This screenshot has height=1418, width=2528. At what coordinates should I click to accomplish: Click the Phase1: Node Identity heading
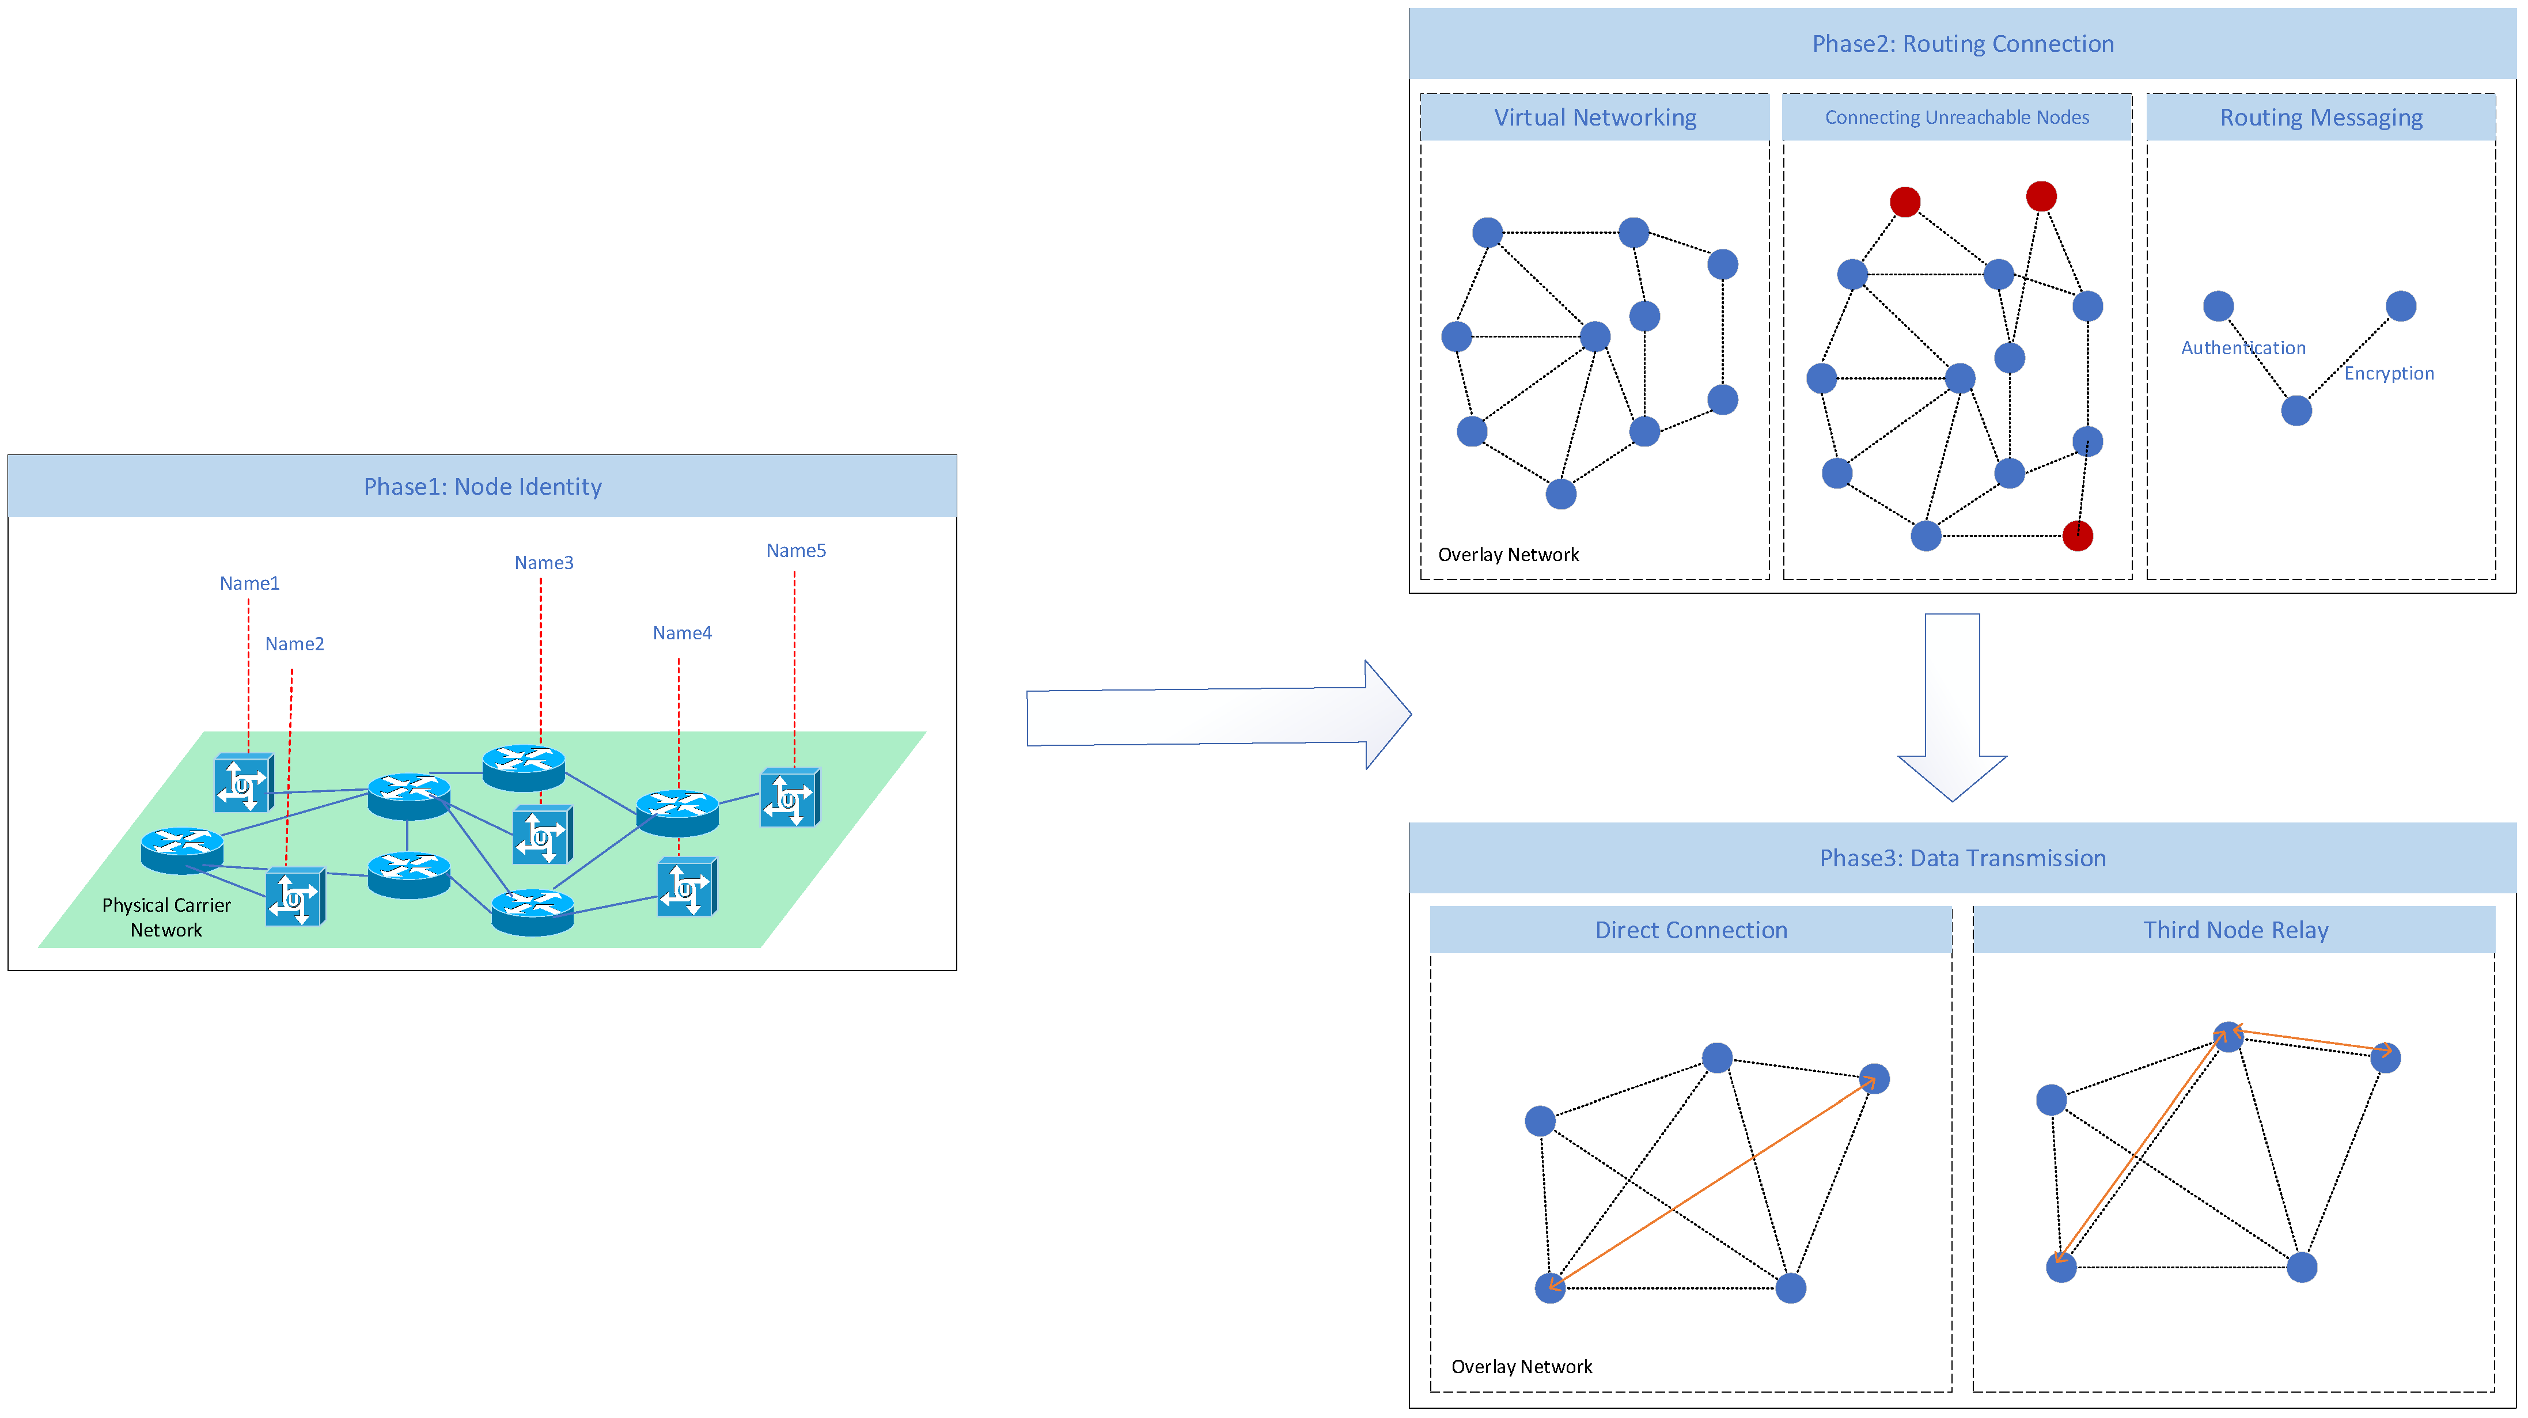point(482,487)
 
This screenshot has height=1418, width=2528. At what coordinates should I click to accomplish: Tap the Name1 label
point(249,583)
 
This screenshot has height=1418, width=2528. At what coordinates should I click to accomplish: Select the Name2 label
point(294,644)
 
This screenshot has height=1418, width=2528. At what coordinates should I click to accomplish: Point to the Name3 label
point(544,562)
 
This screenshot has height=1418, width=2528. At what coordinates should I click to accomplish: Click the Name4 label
point(682,633)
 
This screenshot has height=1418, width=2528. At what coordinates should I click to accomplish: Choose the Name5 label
point(796,551)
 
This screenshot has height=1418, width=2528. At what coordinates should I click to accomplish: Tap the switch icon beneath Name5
point(789,798)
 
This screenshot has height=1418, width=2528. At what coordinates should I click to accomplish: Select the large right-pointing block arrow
point(1217,715)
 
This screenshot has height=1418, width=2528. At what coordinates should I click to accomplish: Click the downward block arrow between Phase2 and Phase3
point(1952,707)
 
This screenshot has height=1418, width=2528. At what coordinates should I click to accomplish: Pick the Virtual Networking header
point(1595,117)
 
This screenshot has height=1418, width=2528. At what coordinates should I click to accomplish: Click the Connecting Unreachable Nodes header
point(1957,117)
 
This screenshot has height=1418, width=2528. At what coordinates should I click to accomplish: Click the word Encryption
point(2389,373)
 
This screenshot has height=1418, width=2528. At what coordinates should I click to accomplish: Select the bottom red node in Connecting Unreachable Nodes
point(2078,536)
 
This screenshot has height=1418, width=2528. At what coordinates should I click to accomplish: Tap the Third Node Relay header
point(2235,930)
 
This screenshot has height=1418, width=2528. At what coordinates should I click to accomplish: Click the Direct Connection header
point(1691,930)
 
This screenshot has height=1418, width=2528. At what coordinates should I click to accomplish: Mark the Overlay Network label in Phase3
point(1521,1366)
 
